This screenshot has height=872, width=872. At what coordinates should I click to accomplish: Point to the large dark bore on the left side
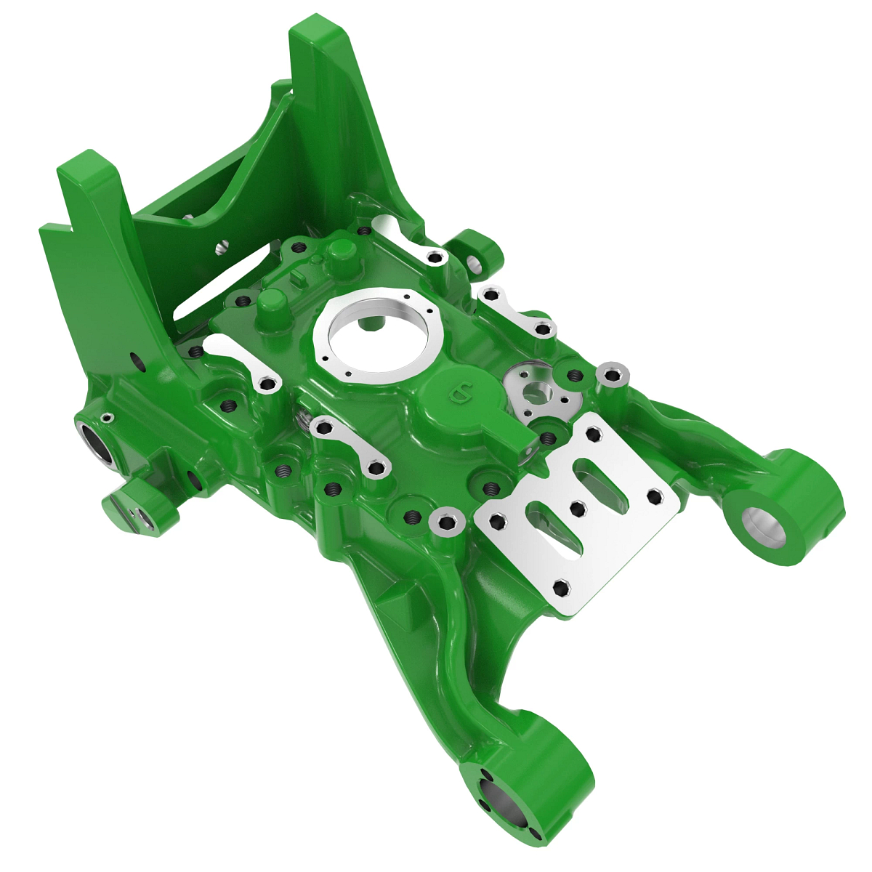pos(97,444)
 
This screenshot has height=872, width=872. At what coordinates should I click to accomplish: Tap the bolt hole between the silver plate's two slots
pos(578,508)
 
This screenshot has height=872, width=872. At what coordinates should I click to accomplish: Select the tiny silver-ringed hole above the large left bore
pos(108,417)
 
